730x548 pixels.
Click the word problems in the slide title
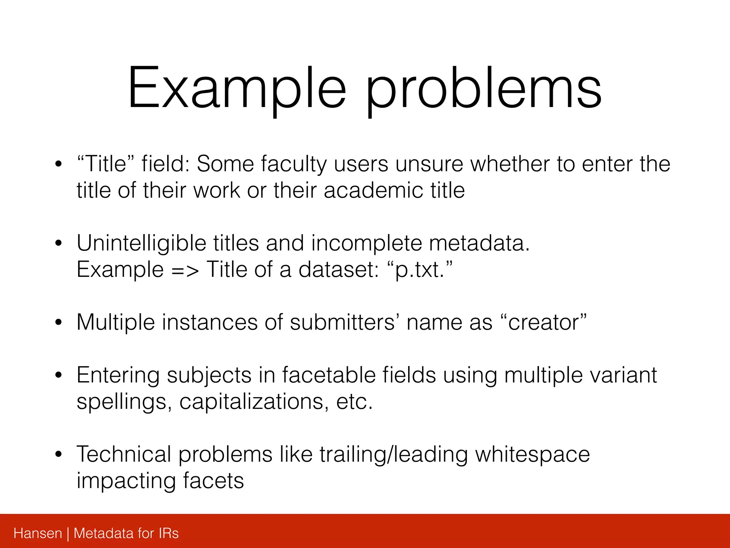click(x=484, y=89)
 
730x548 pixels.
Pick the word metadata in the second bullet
click(x=479, y=243)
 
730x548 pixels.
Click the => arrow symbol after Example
click(x=185, y=270)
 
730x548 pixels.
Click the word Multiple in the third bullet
click(x=115, y=323)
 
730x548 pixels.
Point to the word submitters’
click(x=343, y=322)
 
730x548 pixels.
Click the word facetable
click(x=328, y=375)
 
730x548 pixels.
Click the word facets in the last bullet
click(x=214, y=481)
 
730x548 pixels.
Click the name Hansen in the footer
click(x=38, y=533)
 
